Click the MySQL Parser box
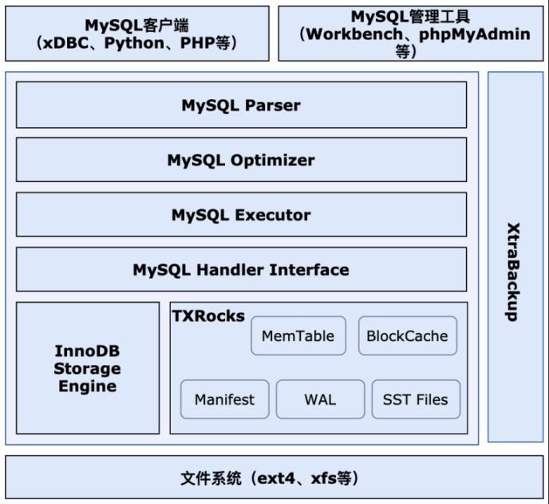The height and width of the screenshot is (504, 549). [x=241, y=105]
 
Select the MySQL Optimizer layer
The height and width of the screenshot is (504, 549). [x=241, y=160]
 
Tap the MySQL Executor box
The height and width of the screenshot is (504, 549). [x=241, y=215]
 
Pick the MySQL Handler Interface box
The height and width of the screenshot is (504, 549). [x=241, y=269]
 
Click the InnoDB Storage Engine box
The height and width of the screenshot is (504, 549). [x=87, y=368]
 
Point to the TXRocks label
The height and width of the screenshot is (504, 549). [x=208, y=315]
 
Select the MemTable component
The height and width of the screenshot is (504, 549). [x=298, y=336]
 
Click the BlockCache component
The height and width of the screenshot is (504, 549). [x=407, y=336]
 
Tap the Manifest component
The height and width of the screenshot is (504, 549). [x=224, y=399]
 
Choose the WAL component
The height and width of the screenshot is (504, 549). [x=320, y=399]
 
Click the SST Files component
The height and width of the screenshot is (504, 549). [x=416, y=399]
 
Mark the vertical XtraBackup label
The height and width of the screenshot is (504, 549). [x=515, y=272]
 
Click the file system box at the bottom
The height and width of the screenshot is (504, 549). [x=274, y=478]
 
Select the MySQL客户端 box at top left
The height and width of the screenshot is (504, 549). [x=137, y=34]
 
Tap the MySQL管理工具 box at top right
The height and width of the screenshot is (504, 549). [x=410, y=34]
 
